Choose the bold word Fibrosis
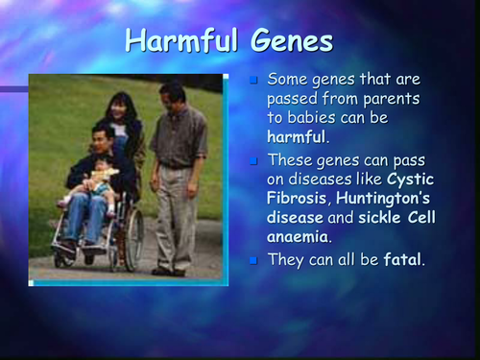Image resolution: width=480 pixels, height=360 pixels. (x=299, y=197)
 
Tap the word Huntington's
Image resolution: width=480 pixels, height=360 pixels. (x=386, y=197)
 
